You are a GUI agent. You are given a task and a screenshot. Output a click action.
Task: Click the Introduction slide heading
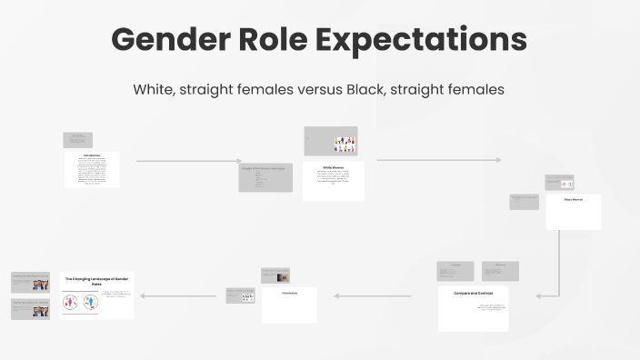coord(92,155)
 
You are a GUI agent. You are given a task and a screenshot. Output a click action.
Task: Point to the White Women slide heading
coord(333,167)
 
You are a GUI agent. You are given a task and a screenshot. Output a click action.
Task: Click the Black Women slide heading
coord(573,199)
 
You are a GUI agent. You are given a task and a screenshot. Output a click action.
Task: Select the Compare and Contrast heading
coord(472,293)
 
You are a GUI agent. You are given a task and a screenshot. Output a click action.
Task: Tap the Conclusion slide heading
coord(289,293)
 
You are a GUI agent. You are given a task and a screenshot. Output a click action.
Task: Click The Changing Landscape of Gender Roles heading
coord(97,279)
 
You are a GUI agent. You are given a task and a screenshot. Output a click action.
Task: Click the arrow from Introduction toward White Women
coord(187,161)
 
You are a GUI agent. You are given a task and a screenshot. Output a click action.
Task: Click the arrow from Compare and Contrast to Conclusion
coord(374,295)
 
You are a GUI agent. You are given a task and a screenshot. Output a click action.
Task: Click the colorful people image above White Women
coord(344,143)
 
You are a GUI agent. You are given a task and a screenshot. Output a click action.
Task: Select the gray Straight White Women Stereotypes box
coord(265,177)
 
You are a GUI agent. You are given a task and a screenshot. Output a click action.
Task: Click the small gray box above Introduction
coord(78,140)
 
